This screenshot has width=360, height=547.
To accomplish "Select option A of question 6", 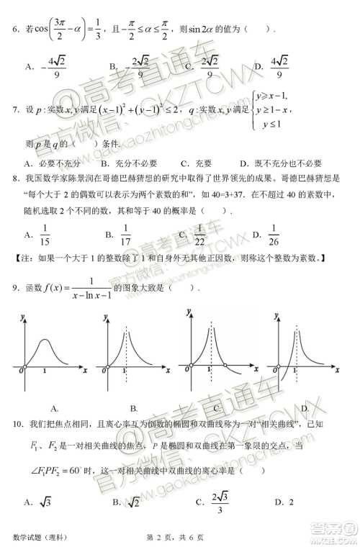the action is (48, 65).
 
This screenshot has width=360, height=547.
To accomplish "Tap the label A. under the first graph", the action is (54, 408).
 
